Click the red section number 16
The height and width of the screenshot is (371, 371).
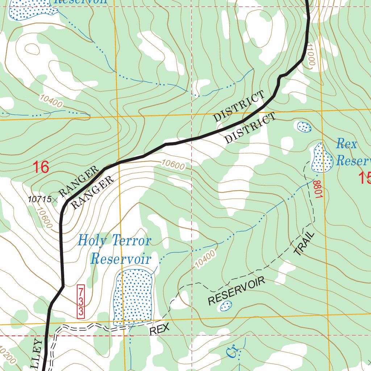click(41, 167)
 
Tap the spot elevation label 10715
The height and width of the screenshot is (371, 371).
click(39, 199)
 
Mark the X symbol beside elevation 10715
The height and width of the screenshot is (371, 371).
click(55, 200)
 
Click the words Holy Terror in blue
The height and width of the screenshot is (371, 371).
click(114, 240)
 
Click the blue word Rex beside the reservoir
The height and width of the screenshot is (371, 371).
click(347, 144)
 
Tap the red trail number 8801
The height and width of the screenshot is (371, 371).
click(318, 189)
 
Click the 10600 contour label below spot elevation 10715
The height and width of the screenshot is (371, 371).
click(45, 217)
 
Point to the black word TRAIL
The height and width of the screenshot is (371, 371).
click(304, 245)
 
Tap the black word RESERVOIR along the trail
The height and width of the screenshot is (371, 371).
click(237, 291)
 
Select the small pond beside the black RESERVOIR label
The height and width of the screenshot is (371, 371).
click(226, 306)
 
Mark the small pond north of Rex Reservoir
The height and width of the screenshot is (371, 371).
click(304, 127)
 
